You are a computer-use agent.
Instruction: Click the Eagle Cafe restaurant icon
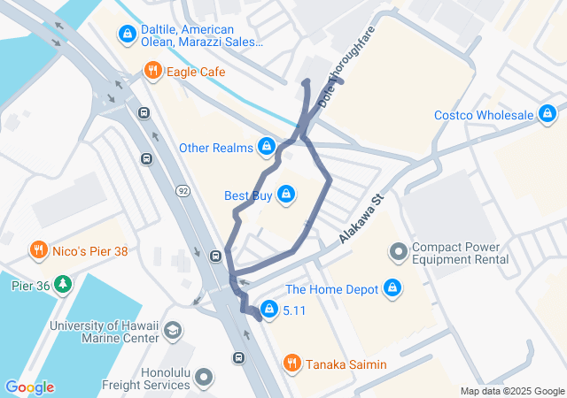click(x=152, y=72)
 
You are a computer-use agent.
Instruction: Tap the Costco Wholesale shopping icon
click(x=548, y=115)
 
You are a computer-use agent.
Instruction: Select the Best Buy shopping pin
click(x=285, y=194)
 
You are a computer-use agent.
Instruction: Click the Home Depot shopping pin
click(x=392, y=288)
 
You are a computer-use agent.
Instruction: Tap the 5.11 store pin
click(x=267, y=310)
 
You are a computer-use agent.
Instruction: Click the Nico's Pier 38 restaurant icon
click(x=38, y=250)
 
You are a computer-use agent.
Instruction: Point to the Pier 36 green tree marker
click(x=62, y=284)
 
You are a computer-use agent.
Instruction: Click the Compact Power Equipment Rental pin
click(x=398, y=253)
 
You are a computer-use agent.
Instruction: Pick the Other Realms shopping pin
click(x=266, y=147)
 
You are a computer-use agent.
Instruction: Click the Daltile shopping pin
click(x=127, y=34)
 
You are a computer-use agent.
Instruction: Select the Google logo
click(x=29, y=387)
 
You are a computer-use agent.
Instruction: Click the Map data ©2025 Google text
click(x=512, y=391)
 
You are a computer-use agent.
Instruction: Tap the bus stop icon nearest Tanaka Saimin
click(x=237, y=357)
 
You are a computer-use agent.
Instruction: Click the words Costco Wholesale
click(x=484, y=115)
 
